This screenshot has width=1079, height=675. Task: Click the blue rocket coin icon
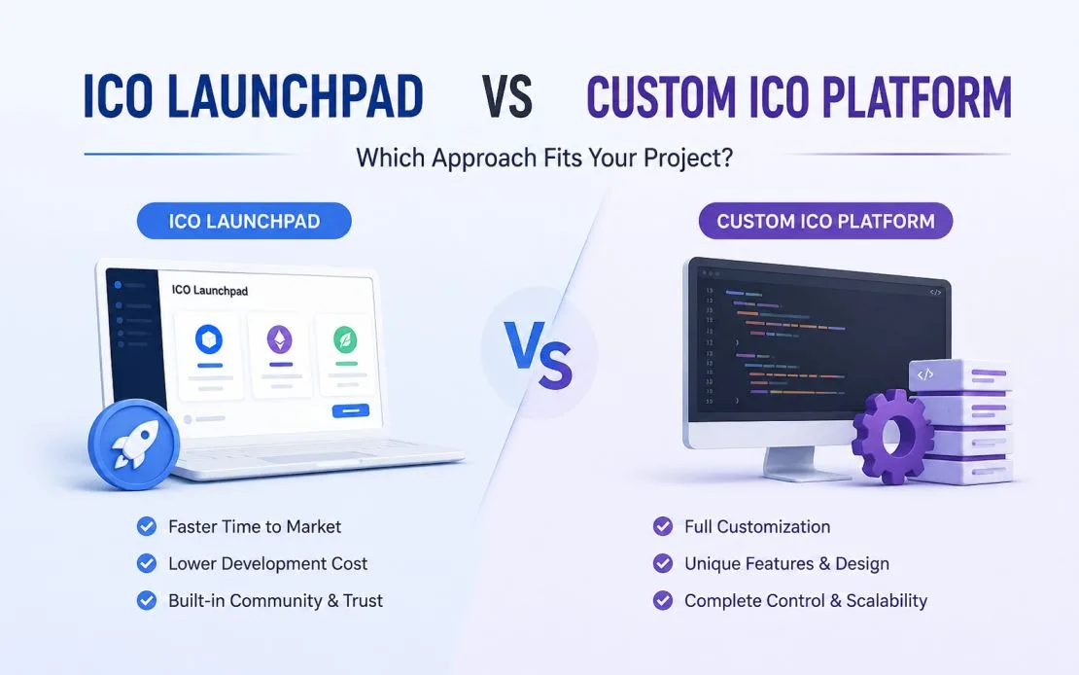click(134, 444)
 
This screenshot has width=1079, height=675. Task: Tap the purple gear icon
click(892, 436)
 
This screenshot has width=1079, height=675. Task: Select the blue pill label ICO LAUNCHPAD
click(244, 221)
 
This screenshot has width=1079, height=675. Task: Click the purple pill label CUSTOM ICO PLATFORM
click(825, 221)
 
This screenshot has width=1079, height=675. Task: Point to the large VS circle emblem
click(539, 353)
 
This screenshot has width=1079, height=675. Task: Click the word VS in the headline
click(506, 97)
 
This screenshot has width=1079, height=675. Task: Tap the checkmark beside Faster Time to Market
click(147, 527)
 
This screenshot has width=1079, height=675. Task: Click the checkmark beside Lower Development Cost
click(147, 563)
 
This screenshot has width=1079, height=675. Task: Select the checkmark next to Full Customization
click(663, 527)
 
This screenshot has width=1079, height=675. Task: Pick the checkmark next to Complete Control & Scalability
click(663, 601)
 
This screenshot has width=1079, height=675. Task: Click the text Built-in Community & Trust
click(275, 601)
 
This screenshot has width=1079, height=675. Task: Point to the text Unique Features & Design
click(786, 564)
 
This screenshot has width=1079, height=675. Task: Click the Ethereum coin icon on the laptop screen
click(279, 339)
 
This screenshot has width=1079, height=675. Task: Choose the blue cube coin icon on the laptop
click(209, 338)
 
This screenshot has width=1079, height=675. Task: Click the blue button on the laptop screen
click(351, 411)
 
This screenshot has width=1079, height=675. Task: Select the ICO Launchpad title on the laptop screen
click(210, 291)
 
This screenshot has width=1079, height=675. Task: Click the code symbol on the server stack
click(924, 374)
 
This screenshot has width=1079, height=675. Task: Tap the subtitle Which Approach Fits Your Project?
click(544, 158)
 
